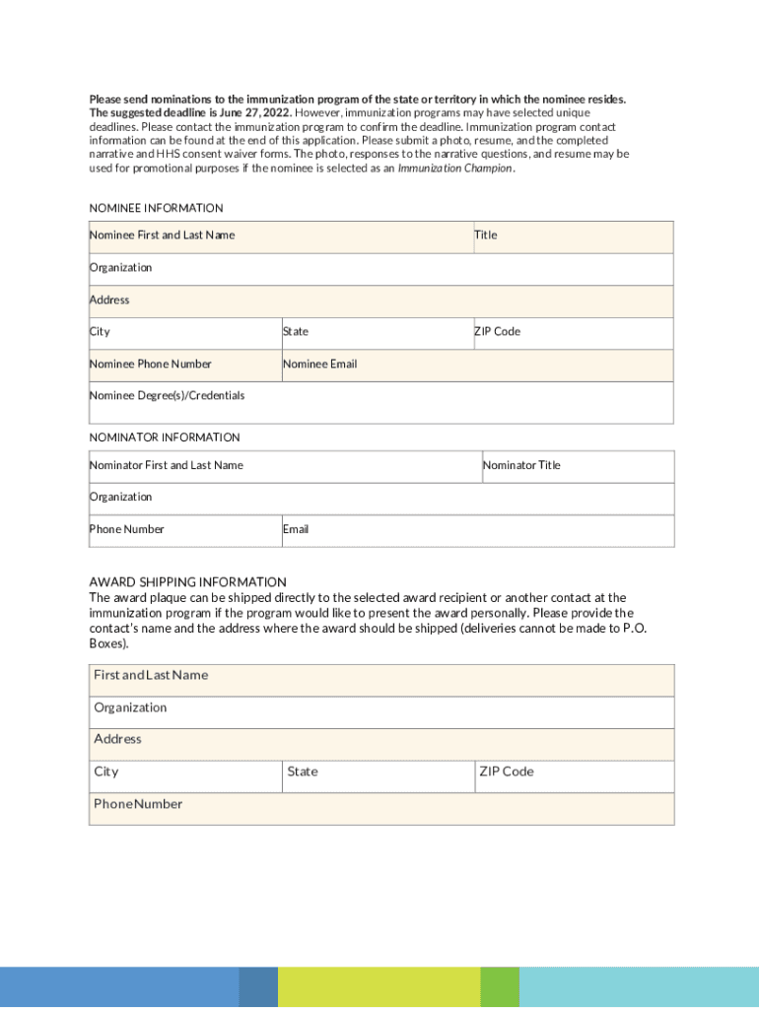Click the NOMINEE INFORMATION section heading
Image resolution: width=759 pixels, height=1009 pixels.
point(156,208)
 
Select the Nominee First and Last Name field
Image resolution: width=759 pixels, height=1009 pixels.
point(280,237)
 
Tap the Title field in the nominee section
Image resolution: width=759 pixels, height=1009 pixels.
point(573,237)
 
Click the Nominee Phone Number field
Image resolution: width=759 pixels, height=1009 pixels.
point(184,366)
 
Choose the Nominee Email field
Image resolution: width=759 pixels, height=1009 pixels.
point(477,366)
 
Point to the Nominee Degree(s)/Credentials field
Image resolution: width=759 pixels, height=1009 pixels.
point(381,403)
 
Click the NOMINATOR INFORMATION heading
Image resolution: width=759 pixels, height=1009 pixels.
point(165,437)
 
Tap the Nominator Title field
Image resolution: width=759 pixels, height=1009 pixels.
point(578,467)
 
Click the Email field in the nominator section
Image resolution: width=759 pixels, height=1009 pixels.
point(477,531)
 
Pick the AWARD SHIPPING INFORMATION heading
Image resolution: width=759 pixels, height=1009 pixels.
point(187,582)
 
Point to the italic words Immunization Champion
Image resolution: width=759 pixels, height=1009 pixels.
point(454,168)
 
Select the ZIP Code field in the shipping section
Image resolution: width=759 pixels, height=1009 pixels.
point(575,776)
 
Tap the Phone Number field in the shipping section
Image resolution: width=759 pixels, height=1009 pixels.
point(381,809)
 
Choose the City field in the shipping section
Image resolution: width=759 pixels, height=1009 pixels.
point(185,776)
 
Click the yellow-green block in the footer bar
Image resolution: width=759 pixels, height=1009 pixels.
point(379,987)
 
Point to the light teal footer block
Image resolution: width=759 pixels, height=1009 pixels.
point(639,987)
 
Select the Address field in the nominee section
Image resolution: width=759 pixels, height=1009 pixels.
point(381,302)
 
